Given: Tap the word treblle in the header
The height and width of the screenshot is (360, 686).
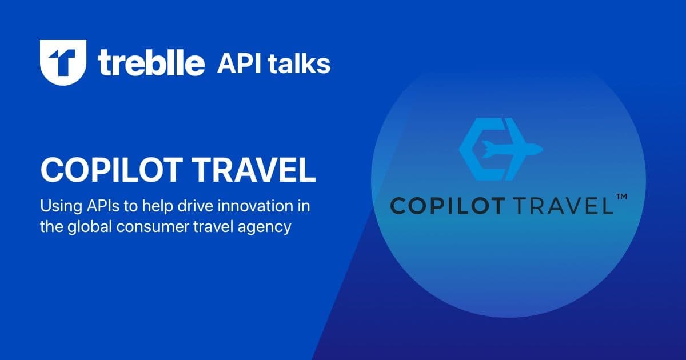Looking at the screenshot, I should click(x=151, y=63).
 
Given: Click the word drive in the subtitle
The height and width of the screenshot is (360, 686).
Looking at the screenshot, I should click(x=189, y=205).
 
